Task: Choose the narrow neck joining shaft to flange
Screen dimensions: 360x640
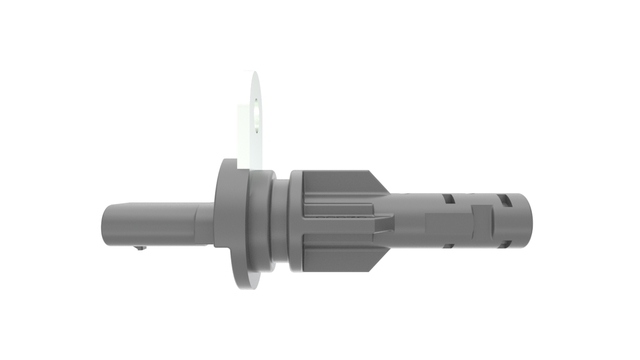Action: click(204, 223)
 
